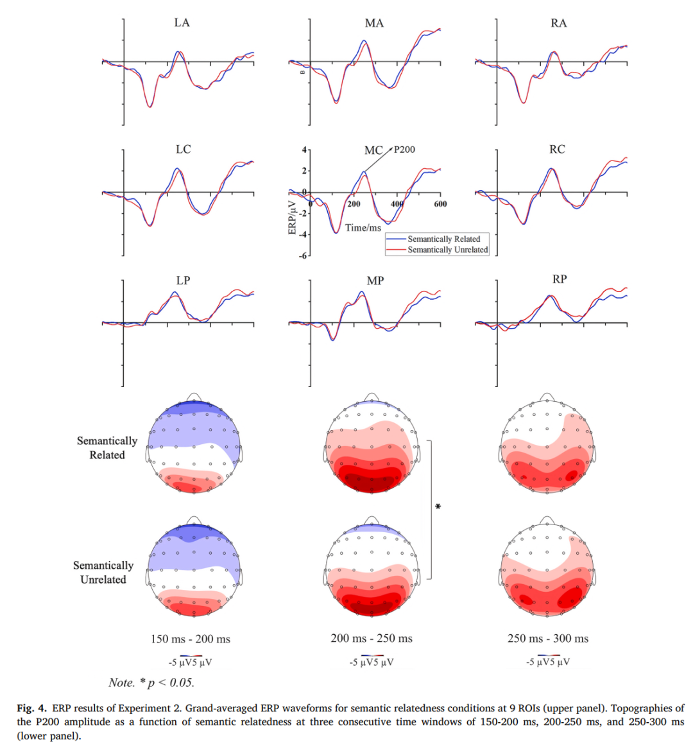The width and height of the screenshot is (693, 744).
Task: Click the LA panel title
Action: [x=182, y=23]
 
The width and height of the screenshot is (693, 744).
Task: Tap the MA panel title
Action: [x=374, y=24]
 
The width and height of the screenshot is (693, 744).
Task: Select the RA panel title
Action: [x=558, y=24]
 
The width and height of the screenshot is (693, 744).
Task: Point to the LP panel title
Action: [x=183, y=281]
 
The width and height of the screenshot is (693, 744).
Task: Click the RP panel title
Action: [x=559, y=279]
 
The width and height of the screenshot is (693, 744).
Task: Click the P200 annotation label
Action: [x=404, y=150]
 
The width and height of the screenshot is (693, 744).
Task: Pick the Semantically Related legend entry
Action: [x=443, y=239]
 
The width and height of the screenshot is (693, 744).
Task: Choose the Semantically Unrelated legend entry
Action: [x=447, y=250]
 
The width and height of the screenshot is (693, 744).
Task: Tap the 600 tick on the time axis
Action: [x=440, y=204]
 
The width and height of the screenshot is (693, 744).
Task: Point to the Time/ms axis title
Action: [x=363, y=228]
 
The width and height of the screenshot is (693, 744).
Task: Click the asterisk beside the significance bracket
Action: [x=438, y=507]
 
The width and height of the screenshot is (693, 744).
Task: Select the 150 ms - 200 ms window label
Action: [x=191, y=639]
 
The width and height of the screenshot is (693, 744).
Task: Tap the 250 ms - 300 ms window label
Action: [x=548, y=638]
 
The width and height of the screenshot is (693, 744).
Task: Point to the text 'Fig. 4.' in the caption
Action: [x=31, y=708]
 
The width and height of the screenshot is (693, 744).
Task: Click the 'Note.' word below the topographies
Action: [x=121, y=682]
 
